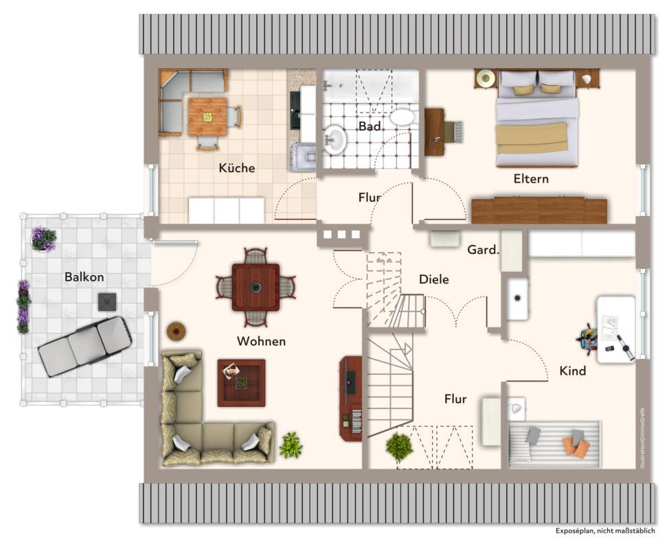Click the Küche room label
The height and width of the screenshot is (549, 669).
(x=237, y=168)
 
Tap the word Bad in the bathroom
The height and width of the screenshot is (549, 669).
(x=370, y=126)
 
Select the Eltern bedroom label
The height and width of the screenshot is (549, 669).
(x=531, y=179)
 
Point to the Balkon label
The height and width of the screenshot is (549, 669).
(x=84, y=277)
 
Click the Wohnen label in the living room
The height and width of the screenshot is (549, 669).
(x=261, y=341)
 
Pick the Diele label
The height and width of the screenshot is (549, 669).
(x=434, y=279)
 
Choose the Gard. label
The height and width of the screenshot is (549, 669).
(x=483, y=250)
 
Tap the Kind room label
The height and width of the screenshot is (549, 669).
(x=573, y=371)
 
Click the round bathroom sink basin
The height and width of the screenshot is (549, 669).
(x=336, y=140)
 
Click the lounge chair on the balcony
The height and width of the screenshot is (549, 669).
(x=84, y=346)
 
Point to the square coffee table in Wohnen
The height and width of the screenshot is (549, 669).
(x=241, y=383)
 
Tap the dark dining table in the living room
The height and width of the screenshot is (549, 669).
(x=256, y=287)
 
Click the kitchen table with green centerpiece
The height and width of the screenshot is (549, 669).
(x=207, y=117)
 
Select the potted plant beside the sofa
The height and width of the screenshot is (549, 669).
(x=291, y=445)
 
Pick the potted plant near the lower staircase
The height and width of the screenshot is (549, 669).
(x=399, y=447)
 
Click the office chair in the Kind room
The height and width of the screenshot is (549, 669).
(x=588, y=338)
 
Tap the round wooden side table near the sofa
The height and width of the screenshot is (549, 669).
(x=177, y=331)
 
